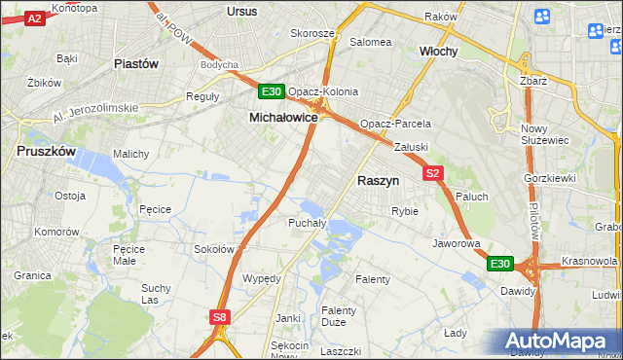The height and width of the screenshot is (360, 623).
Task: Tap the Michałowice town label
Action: [283, 116]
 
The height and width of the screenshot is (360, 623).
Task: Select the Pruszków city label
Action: [47, 151]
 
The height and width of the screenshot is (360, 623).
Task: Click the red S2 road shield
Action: [434, 173]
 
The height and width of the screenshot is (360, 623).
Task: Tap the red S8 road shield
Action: [221, 316]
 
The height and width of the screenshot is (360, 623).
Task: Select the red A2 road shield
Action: [34, 18]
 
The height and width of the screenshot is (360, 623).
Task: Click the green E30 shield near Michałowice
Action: [272, 92]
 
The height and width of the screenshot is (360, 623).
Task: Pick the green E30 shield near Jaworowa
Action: [499, 264]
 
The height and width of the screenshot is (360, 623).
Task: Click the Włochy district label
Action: [438, 51]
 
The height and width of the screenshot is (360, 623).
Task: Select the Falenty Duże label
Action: [339, 317]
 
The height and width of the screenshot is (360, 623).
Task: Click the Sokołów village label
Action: [214, 248]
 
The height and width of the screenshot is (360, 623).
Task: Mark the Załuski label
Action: [411, 147]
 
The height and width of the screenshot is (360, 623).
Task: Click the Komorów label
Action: [56, 232]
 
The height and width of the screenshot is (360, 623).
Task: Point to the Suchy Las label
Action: [156, 294]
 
